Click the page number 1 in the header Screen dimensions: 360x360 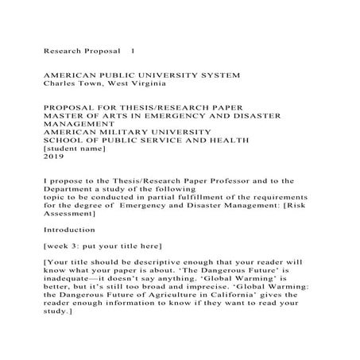tap(133, 50)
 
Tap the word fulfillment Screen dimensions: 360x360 tap(196, 204)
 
